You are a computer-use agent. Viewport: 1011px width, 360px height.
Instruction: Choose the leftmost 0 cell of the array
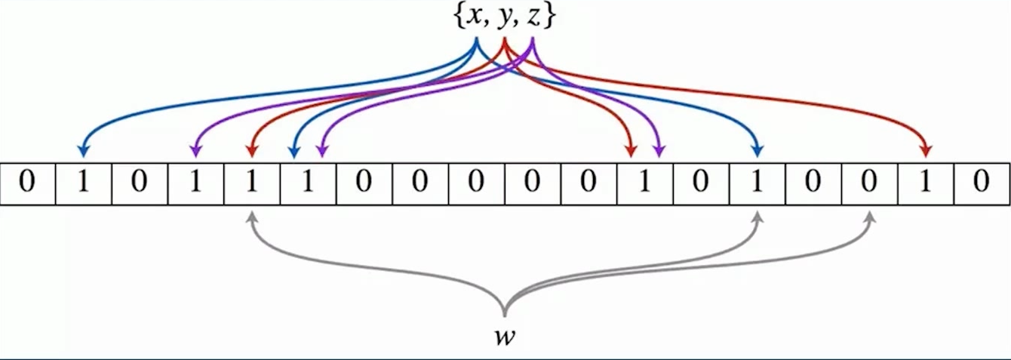[28, 183]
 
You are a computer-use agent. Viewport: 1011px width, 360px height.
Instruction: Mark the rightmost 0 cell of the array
[981, 183]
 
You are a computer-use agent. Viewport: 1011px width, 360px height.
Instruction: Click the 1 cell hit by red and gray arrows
[252, 183]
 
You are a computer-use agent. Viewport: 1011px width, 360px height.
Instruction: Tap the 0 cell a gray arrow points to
[869, 183]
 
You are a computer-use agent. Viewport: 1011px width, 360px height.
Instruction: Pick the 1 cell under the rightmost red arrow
[925, 183]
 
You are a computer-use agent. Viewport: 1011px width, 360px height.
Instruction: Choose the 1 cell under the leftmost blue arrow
[84, 183]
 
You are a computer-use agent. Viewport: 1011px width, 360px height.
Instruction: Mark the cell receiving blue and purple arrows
[308, 183]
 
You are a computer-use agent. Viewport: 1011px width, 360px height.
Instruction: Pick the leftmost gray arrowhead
[252, 216]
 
